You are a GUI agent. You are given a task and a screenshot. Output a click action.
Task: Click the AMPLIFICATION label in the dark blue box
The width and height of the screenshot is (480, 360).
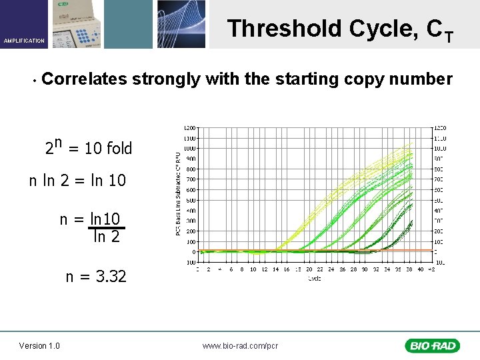point(24,41)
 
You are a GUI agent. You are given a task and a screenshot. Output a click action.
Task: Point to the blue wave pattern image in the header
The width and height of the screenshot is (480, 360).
point(181,24)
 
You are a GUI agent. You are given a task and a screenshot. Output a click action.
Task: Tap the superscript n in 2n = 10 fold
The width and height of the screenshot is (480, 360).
point(58,142)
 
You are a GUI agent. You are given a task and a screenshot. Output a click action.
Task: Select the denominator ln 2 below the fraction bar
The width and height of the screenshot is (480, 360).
point(107,237)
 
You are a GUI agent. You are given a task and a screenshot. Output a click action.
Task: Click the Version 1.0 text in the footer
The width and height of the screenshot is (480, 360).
point(39,345)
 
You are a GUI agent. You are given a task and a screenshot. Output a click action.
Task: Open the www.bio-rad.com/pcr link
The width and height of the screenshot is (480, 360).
point(240,345)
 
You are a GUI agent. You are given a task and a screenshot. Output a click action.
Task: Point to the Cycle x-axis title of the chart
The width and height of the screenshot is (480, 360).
point(314,279)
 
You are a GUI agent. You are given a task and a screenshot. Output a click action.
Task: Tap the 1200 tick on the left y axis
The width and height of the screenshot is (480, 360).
point(189,127)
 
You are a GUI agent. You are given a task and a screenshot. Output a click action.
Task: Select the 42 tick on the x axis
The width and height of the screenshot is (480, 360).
point(431,270)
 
